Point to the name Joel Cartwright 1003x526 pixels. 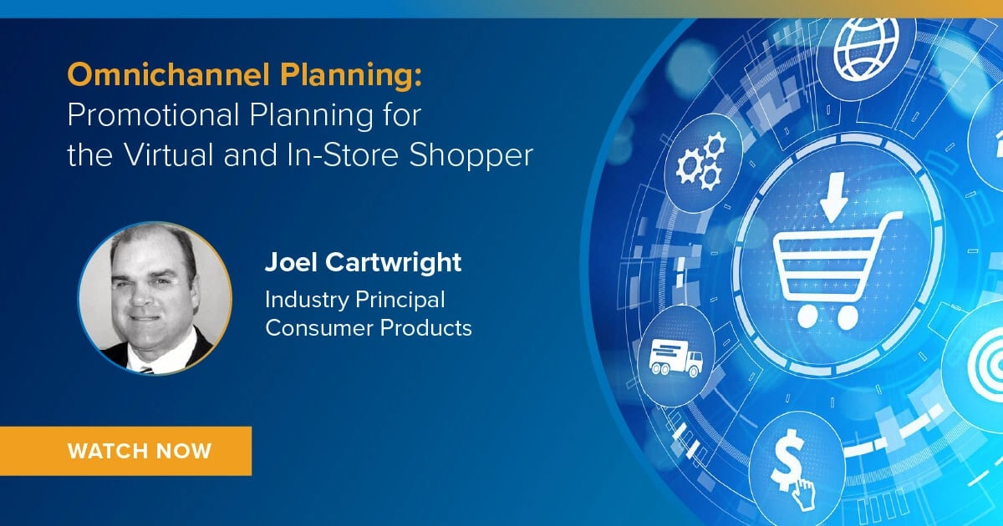[363, 262]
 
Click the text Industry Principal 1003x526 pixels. [355, 299]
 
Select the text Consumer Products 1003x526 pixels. [369, 327]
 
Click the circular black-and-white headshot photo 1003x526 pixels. [155, 297]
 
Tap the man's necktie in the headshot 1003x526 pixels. [149, 365]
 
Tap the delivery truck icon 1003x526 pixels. [675, 357]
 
